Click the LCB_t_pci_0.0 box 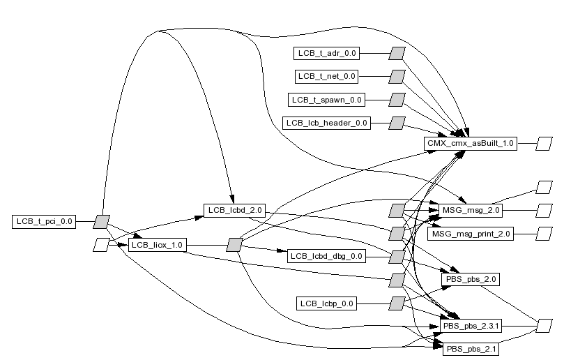click(x=43, y=222)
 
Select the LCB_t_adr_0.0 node click(x=326, y=53)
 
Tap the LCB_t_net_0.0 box click(x=326, y=76)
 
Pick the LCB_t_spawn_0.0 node click(x=326, y=100)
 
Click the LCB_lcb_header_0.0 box click(x=326, y=123)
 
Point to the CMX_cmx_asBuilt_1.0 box click(x=471, y=144)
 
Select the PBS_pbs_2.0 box click(x=471, y=279)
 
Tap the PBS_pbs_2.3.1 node click(x=471, y=326)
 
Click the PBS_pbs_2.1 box click(x=471, y=349)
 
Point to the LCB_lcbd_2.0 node click(x=234, y=209)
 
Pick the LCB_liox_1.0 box click(x=157, y=245)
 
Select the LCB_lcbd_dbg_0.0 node click(x=326, y=256)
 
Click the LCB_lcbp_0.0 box click(x=326, y=303)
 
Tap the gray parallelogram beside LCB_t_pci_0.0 click(x=102, y=222)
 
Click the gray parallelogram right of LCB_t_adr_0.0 click(x=397, y=53)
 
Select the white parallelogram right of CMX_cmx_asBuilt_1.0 click(x=544, y=144)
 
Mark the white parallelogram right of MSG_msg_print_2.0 click(x=544, y=234)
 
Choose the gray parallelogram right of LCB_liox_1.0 click(x=234, y=245)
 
